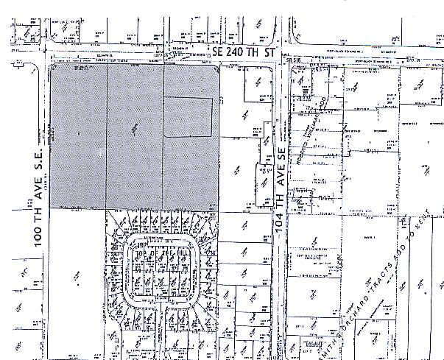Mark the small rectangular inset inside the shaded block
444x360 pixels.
click(188, 117)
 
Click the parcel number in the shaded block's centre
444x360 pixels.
click(134, 129)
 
